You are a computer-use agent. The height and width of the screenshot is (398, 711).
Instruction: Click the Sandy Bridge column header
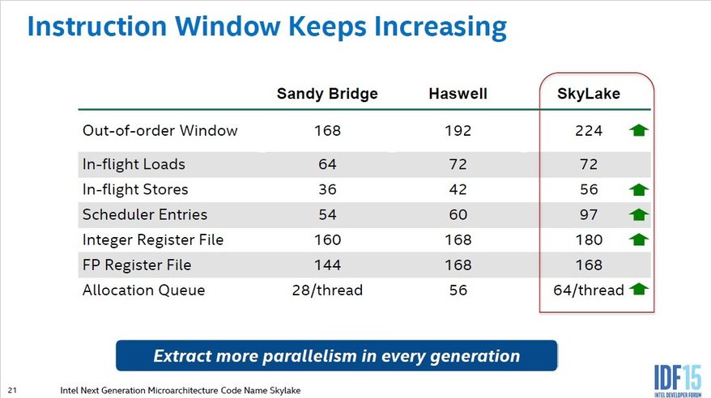(x=327, y=94)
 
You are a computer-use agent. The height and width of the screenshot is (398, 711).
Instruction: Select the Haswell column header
(x=458, y=94)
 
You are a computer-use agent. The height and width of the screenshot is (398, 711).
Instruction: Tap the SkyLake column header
(x=589, y=94)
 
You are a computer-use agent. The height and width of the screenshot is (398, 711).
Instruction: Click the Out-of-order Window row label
(x=160, y=130)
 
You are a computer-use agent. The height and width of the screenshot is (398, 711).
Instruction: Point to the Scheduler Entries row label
(x=145, y=214)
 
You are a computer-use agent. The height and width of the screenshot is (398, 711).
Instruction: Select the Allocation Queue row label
(x=144, y=290)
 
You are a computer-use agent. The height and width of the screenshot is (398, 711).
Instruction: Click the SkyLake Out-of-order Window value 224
(x=589, y=131)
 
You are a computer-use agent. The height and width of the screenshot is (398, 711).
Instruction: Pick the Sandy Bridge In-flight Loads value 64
(x=327, y=164)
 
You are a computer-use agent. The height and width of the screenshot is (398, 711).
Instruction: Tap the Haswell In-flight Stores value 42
(x=458, y=189)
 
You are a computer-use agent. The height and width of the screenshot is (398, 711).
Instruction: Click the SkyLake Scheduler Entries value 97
(x=589, y=214)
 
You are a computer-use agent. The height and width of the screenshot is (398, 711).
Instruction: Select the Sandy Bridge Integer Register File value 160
(x=327, y=239)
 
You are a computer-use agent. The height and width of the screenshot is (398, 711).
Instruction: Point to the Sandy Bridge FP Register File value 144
(x=327, y=265)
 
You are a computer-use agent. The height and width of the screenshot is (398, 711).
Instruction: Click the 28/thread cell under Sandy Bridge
(x=327, y=290)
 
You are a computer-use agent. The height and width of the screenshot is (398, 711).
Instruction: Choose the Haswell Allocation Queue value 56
(x=458, y=290)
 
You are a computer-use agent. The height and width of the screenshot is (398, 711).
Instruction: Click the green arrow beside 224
(x=638, y=130)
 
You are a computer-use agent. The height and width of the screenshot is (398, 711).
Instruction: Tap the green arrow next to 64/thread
(x=638, y=289)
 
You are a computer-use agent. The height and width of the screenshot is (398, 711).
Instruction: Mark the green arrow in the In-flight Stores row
(x=638, y=190)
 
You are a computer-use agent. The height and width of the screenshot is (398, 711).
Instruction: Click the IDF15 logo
(x=678, y=379)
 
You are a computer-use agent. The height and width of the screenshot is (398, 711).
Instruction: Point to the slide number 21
(x=12, y=390)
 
